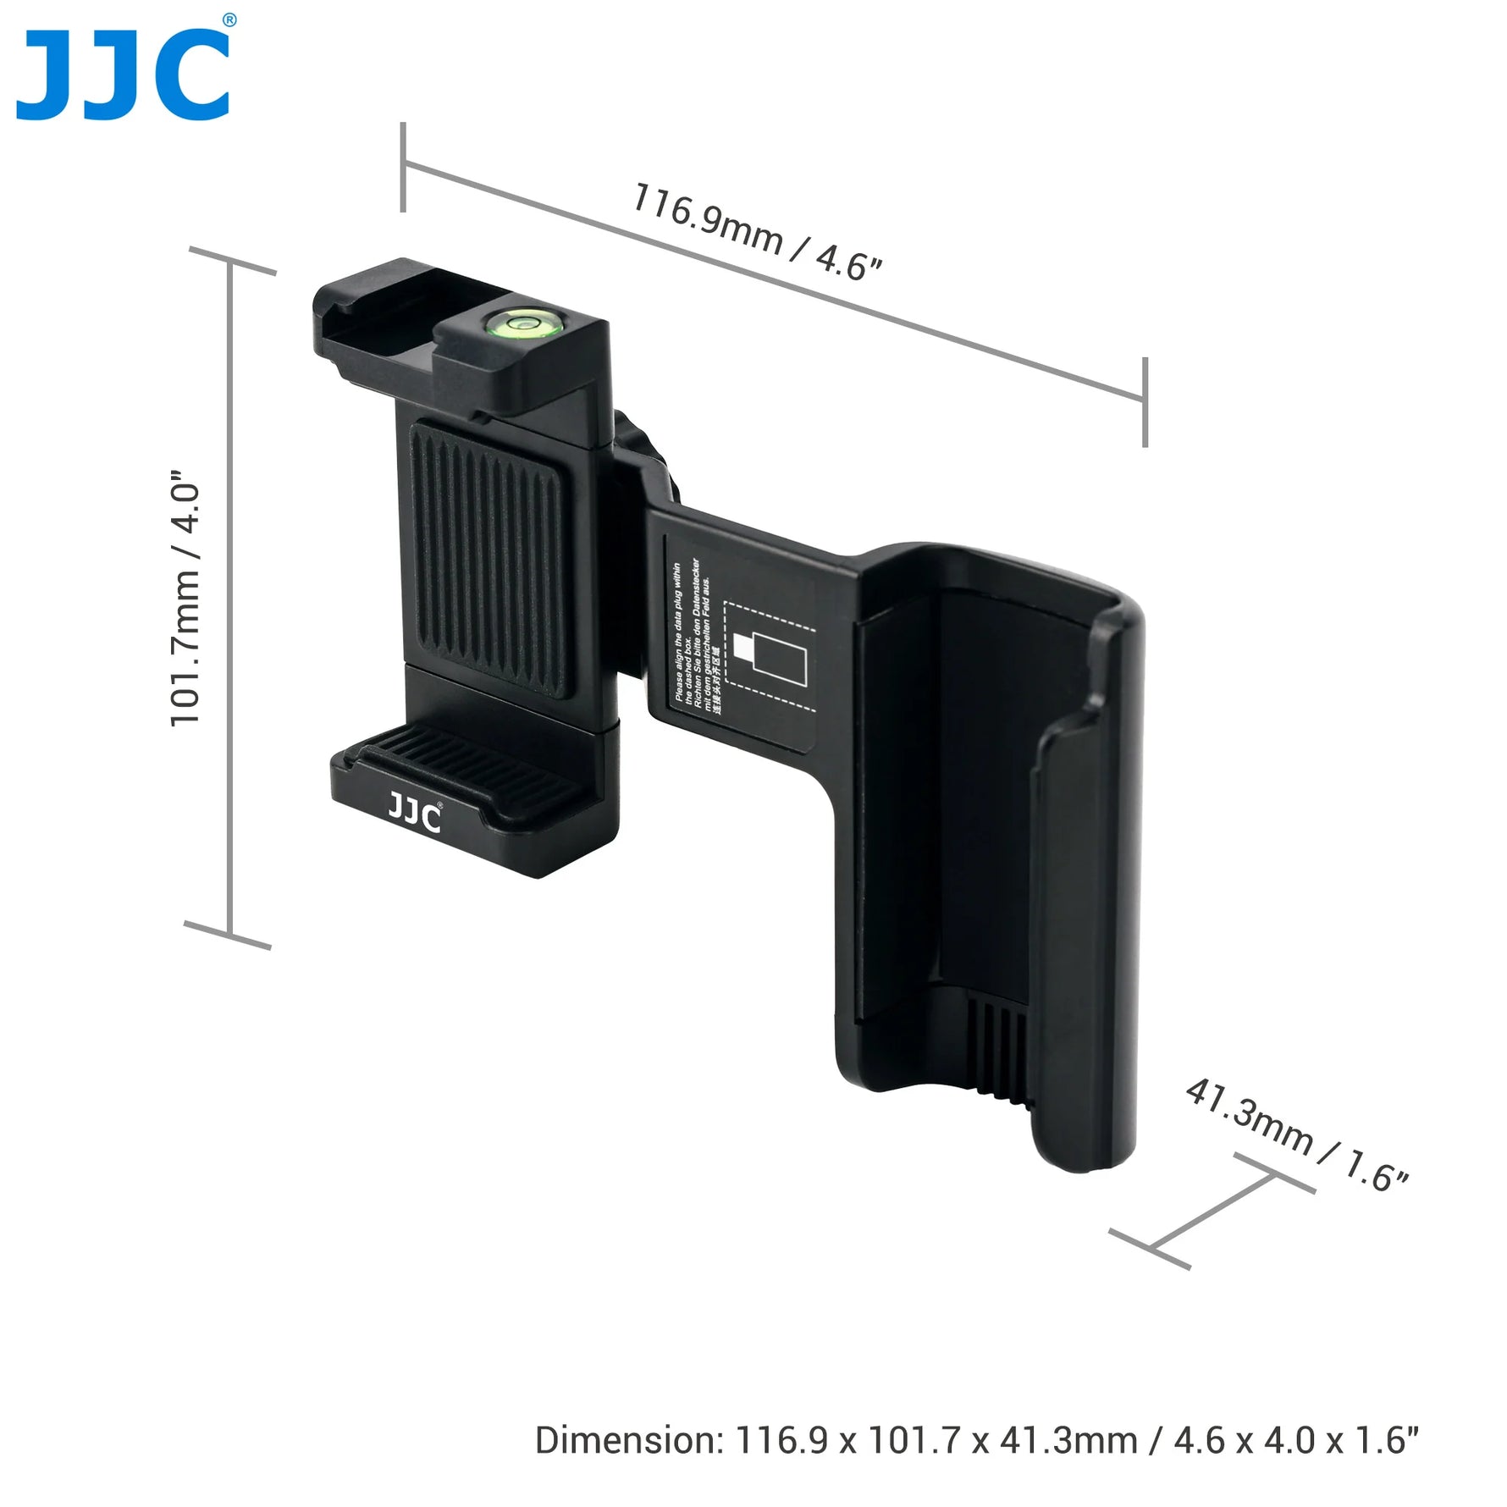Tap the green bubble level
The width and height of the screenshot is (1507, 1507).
point(514,321)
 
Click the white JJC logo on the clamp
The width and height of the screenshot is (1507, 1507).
point(415,814)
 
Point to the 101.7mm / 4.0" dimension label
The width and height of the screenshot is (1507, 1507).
point(185,598)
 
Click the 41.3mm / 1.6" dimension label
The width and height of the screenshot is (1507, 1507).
point(1296,1134)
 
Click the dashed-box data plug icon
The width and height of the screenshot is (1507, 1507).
point(770,657)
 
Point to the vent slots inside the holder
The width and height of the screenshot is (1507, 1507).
point(999,1050)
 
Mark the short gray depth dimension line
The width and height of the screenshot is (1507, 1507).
point(1212,1212)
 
